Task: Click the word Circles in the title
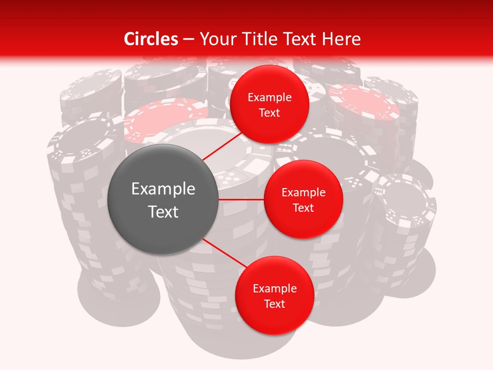[x=151, y=39]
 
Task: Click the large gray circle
[x=163, y=199]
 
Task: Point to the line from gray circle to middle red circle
[x=241, y=199]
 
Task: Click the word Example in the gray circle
[x=163, y=189]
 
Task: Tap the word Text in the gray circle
[x=163, y=211]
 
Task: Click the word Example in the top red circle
[x=270, y=98]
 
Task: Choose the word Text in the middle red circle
[x=303, y=208]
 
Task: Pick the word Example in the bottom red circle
[x=274, y=289]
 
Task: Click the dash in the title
[x=188, y=40]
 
